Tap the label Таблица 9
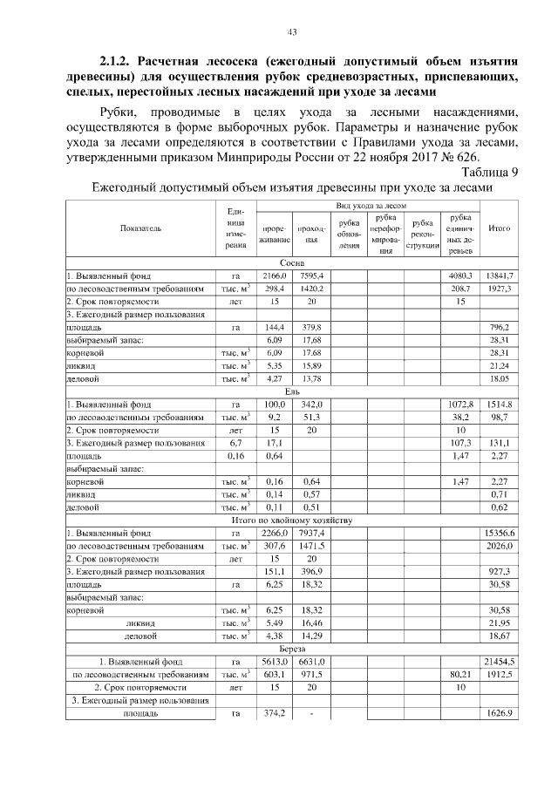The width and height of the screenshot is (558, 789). [488, 173]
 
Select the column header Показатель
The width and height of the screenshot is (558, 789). [140, 228]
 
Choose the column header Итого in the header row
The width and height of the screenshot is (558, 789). [500, 228]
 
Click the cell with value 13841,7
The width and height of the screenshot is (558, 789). [500, 275]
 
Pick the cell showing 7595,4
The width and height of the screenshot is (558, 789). [311, 275]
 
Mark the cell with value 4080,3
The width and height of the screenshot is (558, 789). [459, 275]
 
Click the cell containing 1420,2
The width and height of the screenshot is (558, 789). [311, 288]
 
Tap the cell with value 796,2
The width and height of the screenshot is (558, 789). [500, 327]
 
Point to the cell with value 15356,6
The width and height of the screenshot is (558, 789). [500, 534]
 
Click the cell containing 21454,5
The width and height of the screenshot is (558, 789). [500, 663]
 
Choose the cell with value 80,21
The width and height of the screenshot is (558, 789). [459, 676]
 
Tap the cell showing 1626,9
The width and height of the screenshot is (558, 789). [500, 714]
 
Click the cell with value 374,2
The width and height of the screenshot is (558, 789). [275, 714]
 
